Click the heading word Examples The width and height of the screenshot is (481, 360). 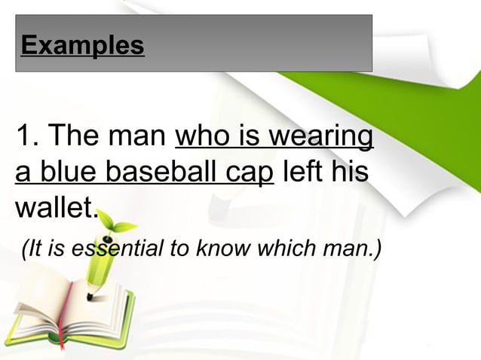coord(83,45)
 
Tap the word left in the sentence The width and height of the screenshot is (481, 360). coord(302,172)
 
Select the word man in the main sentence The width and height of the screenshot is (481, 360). coord(137,139)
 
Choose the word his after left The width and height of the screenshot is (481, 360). coord(350,172)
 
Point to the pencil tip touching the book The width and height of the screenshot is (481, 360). coord(90,294)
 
